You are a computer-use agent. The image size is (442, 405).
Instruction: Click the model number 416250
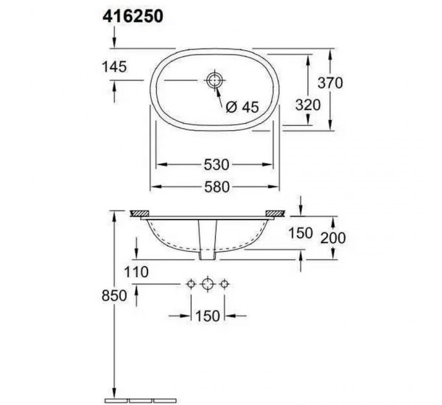pos(130,18)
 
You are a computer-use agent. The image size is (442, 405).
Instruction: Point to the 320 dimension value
pos(307,105)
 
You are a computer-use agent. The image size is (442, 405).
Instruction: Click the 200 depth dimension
pos(334,237)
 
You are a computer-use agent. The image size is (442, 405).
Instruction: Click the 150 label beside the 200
pos(301,233)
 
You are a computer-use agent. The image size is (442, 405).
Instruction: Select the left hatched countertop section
pos(138,214)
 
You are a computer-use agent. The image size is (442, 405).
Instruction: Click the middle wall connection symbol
pos(208,283)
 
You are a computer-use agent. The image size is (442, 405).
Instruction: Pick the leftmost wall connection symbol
pos(192,283)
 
